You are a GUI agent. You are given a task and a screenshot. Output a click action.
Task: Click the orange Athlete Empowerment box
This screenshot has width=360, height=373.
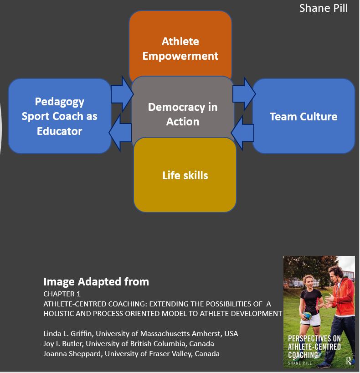point(180,43)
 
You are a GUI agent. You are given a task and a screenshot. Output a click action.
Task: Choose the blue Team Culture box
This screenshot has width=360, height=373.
point(303,116)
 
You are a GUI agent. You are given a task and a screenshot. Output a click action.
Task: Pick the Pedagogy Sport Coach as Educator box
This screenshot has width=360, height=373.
point(59,116)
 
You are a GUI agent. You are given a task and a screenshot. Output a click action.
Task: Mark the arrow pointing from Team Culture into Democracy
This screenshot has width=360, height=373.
point(242,132)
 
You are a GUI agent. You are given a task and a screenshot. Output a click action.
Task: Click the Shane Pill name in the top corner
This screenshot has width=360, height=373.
point(324,8)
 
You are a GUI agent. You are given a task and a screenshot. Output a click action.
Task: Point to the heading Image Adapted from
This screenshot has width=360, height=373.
point(96,281)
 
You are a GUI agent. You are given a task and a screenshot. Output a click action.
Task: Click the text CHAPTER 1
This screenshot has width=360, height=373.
point(62,294)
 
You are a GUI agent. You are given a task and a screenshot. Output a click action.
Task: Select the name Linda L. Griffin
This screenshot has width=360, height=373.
point(68,333)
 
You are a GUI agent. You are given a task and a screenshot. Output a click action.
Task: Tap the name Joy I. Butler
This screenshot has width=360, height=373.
point(63,343)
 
